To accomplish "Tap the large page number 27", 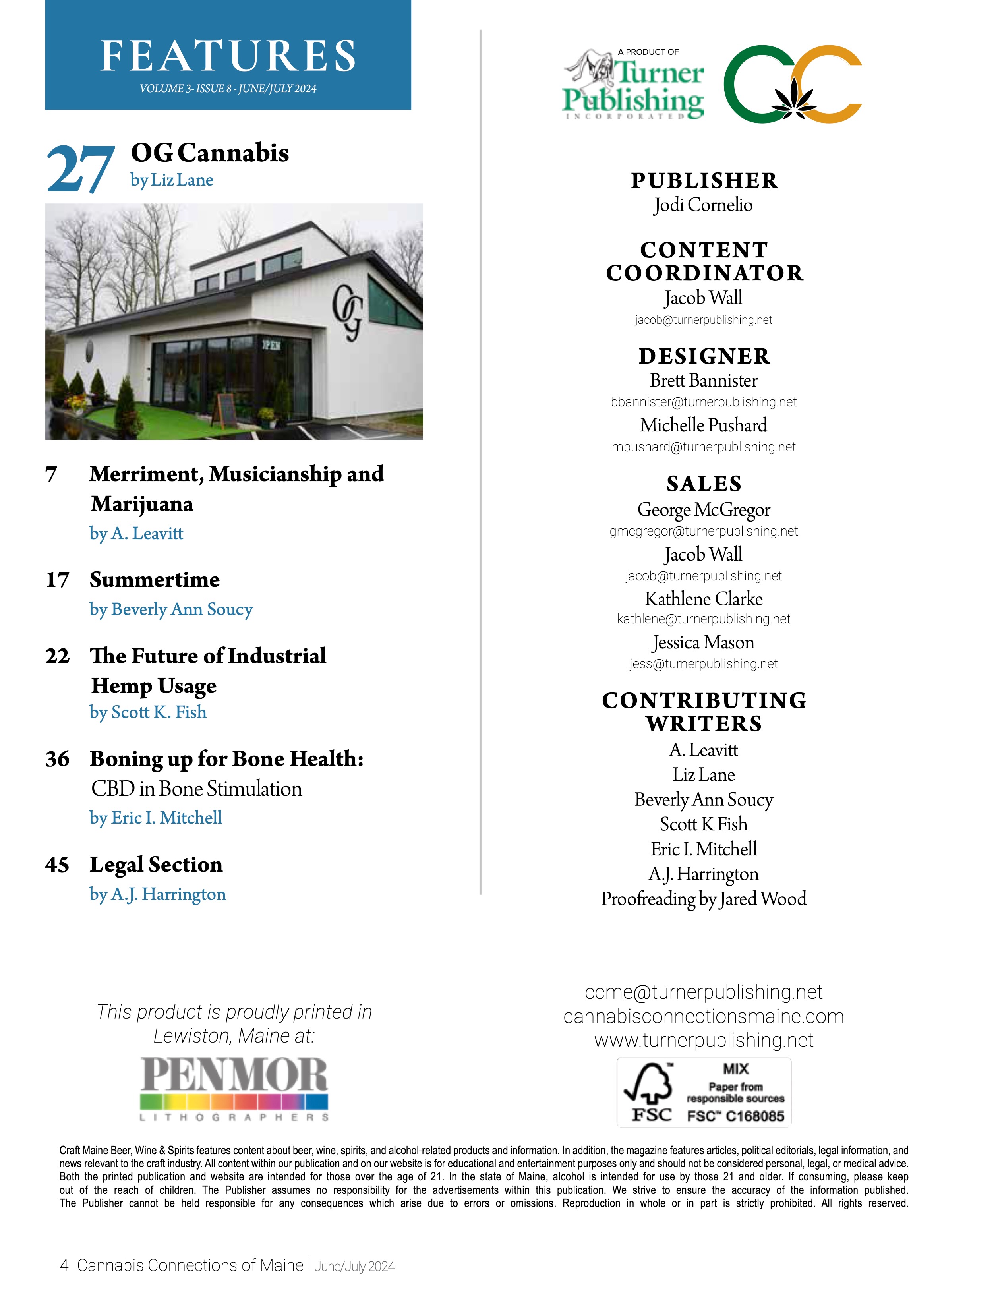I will click(x=80, y=170).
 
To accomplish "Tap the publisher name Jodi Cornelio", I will click(x=703, y=205).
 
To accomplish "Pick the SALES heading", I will click(x=704, y=484).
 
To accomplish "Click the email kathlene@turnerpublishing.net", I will click(x=703, y=619).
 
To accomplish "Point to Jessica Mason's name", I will click(x=703, y=643).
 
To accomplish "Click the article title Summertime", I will click(x=155, y=580).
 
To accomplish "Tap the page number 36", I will click(x=58, y=759).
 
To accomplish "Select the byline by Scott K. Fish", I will click(x=148, y=712).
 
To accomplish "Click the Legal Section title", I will click(x=156, y=865).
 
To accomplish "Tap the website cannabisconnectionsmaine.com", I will click(x=703, y=1017).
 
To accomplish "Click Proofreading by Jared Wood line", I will click(x=703, y=899).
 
